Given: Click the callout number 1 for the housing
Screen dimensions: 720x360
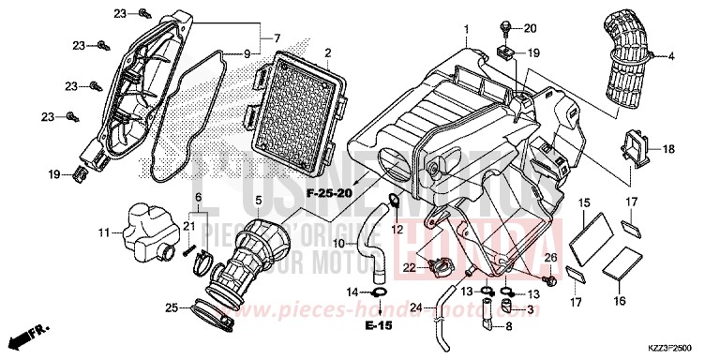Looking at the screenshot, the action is pos(465,30).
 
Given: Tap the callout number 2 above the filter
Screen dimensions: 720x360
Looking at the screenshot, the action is pos(327,51).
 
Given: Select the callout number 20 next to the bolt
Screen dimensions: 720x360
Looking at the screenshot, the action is pos(530,28).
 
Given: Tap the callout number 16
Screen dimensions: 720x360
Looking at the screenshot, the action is pos(619,302).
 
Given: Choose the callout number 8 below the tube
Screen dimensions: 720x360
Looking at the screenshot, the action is pos(509,328).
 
